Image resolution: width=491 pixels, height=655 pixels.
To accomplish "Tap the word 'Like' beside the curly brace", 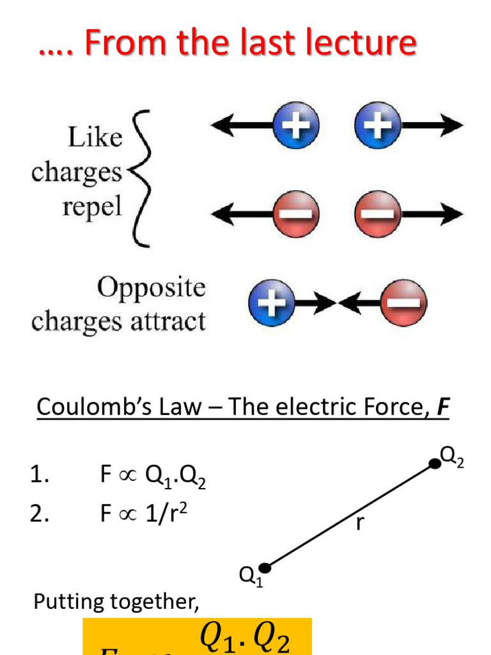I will click(x=95, y=138).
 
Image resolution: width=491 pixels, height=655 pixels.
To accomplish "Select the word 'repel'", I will click(x=92, y=208).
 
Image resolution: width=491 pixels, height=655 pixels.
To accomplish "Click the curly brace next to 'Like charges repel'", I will click(x=142, y=178).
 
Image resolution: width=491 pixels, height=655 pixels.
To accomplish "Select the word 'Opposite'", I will click(x=152, y=288).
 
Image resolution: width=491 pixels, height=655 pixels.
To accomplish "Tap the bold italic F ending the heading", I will click(x=442, y=406).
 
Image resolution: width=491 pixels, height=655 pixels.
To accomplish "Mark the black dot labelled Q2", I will click(x=434, y=464).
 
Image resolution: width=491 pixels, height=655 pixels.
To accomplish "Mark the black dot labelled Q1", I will click(x=265, y=567).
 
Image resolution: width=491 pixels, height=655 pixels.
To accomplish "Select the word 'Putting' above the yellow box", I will click(x=69, y=601).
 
